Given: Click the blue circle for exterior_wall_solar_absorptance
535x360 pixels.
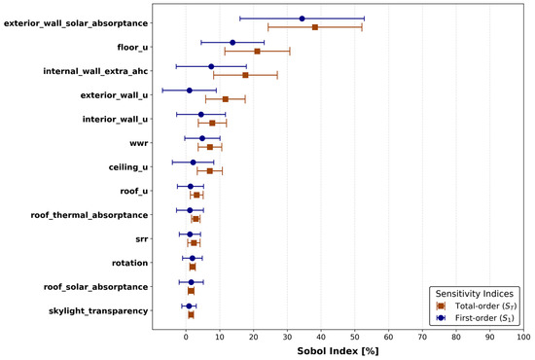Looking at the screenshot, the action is pyautogui.click(x=302, y=18).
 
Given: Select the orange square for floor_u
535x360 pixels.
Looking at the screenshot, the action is pyautogui.click(x=257, y=52).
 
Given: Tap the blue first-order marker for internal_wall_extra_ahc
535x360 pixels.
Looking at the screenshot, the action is pyautogui.click(x=211, y=66).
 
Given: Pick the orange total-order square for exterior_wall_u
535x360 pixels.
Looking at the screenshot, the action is pyautogui.click(x=226, y=99).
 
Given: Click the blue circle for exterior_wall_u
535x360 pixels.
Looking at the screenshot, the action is pyautogui.click(x=190, y=90).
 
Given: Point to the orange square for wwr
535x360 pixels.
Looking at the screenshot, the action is pyautogui.click(x=210, y=147).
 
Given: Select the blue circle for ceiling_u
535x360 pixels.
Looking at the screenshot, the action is pyautogui.click(x=194, y=162).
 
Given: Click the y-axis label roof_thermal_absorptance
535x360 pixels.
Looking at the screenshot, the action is pyautogui.click(x=89, y=215).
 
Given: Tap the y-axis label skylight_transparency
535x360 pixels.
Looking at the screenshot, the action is pyautogui.click(x=98, y=311).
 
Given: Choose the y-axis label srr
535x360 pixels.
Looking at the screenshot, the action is pyautogui.click(x=142, y=239).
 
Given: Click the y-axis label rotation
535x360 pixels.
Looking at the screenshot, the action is pyautogui.click(x=130, y=263).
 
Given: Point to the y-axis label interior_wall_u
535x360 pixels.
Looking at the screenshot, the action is pyautogui.click(x=116, y=120).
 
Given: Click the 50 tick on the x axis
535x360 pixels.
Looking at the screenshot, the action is pyautogui.click(x=355, y=338).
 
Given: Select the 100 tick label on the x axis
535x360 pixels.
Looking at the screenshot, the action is pyautogui.click(x=523, y=338).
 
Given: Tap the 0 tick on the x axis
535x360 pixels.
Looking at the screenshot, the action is pyautogui.click(x=186, y=338).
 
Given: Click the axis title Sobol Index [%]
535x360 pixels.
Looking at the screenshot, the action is pyautogui.click(x=338, y=351).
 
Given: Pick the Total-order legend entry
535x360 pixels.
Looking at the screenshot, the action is pyautogui.click(x=476, y=306).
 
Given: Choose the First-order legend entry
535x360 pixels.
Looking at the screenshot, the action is pyautogui.click(x=476, y=318).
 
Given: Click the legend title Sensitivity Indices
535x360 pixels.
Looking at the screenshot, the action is pyautogui.click(x=475, y=294).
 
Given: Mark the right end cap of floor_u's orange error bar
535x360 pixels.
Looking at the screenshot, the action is pyautogui.click(x=290, y=52).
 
